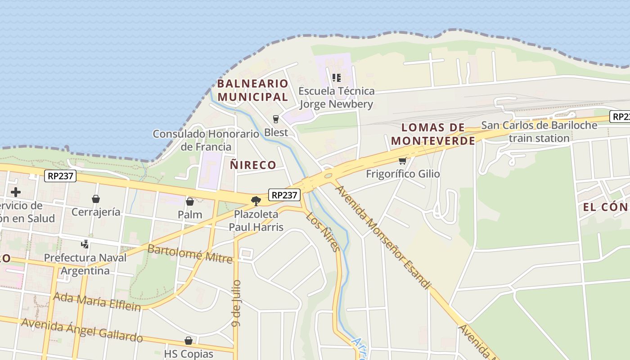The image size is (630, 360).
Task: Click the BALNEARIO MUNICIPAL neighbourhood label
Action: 252,90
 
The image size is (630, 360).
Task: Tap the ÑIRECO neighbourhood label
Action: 253,165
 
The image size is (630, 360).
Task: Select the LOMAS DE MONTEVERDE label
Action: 433,134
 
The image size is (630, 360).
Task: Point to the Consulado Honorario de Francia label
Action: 206,140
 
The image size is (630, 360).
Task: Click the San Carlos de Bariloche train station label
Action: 539,131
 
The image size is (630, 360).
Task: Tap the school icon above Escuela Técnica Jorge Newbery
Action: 336,78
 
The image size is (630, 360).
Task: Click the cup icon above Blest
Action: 276,119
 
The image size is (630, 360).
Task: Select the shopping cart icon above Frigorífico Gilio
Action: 402,161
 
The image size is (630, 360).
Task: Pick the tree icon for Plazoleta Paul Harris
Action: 256,201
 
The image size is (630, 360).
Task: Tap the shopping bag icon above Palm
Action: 190,201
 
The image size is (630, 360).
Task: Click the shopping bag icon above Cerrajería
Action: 96,198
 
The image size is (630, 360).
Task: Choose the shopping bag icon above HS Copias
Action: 189,341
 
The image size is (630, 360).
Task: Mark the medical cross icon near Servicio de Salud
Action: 16,192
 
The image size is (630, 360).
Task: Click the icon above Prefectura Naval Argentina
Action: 85,244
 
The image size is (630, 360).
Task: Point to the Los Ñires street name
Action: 322,231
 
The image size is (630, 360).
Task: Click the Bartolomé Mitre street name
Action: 190,254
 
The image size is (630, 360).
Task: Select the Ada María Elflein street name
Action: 97,301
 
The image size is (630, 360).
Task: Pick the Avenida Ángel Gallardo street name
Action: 82,330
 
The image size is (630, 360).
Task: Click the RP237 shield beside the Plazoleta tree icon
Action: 284,195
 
